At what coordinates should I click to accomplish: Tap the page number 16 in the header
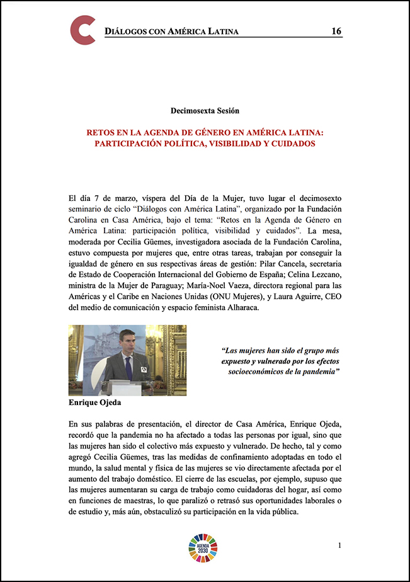336,31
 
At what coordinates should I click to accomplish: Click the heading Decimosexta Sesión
205,111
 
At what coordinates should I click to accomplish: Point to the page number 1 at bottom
339,544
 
